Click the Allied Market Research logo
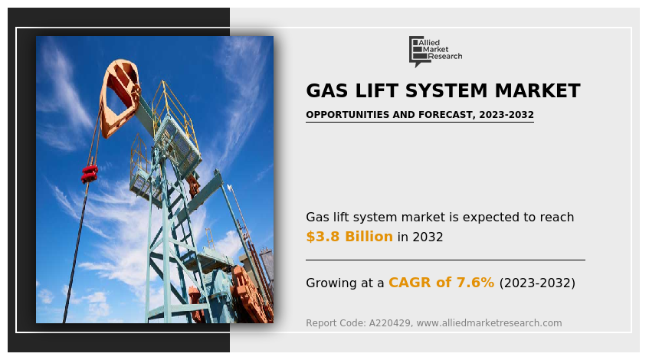point(435,51)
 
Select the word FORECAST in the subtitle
point(447,115)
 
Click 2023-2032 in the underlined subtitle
point(506,115)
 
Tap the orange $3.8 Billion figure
point(349,236)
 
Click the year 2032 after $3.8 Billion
point(428,237)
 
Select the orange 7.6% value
point(475,283)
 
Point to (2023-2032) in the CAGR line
point(537,283)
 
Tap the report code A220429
point(391,322)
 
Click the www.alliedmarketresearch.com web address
point(489,322)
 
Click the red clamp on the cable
point(90,173)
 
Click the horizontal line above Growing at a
point(445,260)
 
